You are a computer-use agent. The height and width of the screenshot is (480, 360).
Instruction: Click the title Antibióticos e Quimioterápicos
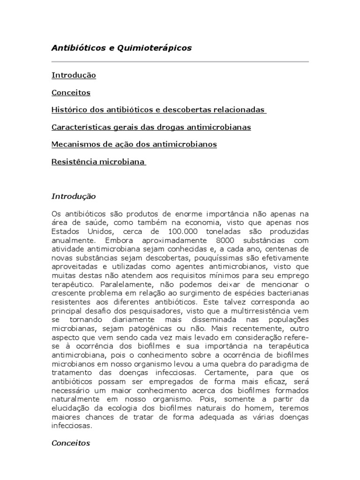pyautogui.click(x=121, y=48)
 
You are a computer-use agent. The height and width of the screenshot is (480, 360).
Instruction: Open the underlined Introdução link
pyautogui.click(x=74, y=75)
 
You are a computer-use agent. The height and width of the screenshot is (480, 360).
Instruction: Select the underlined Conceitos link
pyautogui.click(x=71, y=92)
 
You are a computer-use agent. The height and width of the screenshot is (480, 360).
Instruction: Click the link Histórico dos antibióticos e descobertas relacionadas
pyautogui.click(x=158, y=110)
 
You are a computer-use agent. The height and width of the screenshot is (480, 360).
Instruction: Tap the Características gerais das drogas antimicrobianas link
pyautogui.click(x=151, y=127)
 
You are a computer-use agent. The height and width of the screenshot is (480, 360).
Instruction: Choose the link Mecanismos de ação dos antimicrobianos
pyautogui.click(x=134, y=144)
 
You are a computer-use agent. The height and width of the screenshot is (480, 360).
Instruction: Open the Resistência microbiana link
pyautogui.click(x=98, y=162)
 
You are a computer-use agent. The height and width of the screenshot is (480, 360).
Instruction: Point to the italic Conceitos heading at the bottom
pyautogui.click(x=71, y=442)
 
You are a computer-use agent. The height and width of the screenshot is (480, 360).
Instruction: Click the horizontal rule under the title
pyautogui.click(x=180, y=62)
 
